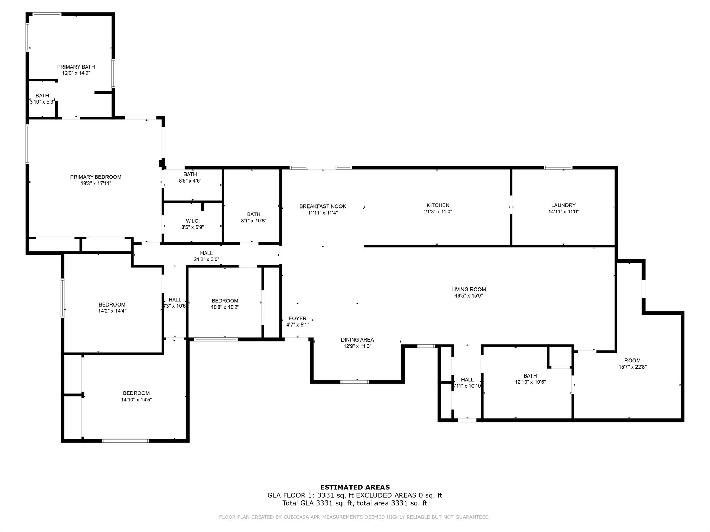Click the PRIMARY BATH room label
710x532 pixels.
76,67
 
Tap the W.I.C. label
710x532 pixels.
192,221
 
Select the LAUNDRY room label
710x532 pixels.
563,205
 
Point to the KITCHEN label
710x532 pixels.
438,205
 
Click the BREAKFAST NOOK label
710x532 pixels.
323,206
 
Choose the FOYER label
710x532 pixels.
297,319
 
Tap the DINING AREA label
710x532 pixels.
357,340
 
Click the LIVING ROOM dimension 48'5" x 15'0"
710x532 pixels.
468,296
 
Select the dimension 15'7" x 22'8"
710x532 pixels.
632,367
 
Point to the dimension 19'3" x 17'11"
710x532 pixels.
96,183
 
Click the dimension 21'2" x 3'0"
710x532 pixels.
206,259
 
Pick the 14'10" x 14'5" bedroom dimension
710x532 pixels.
136,400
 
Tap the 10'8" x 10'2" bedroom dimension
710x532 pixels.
225,307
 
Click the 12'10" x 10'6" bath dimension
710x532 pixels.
530,382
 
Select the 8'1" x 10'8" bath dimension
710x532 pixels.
253,221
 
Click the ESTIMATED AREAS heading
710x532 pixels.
355,487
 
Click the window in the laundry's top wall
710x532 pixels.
558,168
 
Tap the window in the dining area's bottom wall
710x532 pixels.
355,382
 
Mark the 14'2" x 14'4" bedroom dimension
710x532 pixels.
112,311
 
